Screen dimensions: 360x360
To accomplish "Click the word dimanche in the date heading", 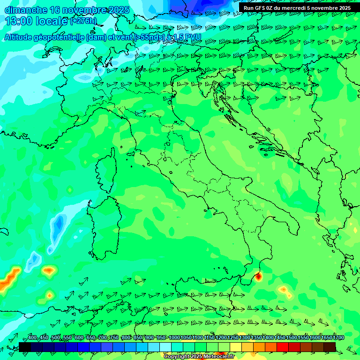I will (x=26, y=10).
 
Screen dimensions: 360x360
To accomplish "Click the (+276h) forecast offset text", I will (x=83, y=21).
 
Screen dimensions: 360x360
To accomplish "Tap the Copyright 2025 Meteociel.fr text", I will (x=199, y=357).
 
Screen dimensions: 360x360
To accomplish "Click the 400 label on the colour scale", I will (x=32, y=338).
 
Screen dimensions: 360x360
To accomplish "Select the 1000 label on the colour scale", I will (x=174, y=338).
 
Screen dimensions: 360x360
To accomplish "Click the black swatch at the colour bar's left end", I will (x=25, y=347).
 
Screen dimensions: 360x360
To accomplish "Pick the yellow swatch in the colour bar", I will (x=236, y=347).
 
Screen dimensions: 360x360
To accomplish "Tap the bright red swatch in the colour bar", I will (x=283, y=347).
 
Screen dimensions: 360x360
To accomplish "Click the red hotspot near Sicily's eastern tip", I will (x=258, y=277).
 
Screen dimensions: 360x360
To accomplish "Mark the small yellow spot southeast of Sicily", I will (x=284, y=290).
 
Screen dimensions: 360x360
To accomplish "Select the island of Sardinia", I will (x=105, y=225).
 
